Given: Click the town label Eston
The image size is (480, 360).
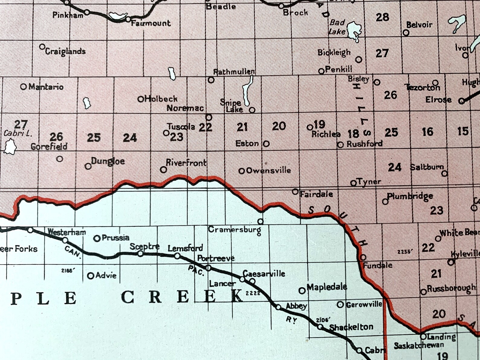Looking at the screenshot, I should pos(247,143).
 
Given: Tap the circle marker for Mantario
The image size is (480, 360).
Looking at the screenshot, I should pos(23,87).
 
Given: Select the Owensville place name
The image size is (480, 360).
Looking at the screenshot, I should pos(268,170).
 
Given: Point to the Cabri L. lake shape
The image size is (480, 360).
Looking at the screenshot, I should pos(10,147).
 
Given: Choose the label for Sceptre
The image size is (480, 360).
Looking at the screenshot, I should pos(144,246).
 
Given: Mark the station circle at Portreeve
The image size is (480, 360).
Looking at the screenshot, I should pos(208,268).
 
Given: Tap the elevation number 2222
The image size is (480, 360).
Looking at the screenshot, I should pos(253,293).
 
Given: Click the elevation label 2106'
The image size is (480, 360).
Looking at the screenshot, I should pos(323,320).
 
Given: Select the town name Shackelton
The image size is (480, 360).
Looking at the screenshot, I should pos(351,327).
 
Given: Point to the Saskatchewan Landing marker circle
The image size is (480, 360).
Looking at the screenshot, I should pos(423,337).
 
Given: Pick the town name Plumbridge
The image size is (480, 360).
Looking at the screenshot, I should pos(410,196).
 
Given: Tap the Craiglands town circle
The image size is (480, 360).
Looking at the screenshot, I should pos(42,47).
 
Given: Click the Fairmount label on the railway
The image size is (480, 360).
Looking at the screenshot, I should pos(151,23).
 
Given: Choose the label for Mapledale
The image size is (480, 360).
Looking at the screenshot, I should pos(327,287).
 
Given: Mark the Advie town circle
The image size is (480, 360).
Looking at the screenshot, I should pos(90,276).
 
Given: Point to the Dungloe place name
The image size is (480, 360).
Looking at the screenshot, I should pos(108,161).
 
